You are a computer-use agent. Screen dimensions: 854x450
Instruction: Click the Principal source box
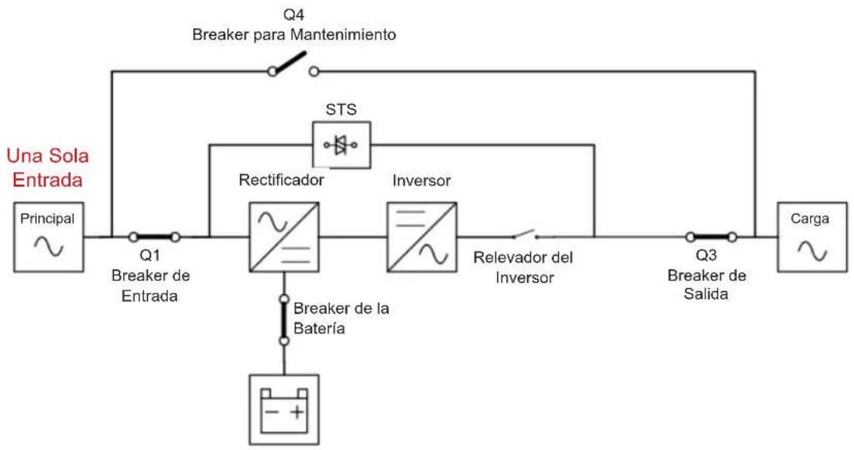point(49,237)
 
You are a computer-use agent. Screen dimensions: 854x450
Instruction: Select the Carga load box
point(812,237)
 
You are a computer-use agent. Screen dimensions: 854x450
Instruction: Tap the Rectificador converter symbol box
point(283,237)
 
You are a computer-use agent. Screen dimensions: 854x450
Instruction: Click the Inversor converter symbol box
point(422,237)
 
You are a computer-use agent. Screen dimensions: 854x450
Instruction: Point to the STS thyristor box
point(341,145)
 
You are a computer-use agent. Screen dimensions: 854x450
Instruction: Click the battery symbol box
point(283,410)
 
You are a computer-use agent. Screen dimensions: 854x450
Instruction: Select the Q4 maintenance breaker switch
point(293,65)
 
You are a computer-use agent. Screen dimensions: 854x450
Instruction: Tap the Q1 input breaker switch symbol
point(154,237)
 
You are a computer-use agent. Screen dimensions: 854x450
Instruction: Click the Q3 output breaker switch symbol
point(712,237)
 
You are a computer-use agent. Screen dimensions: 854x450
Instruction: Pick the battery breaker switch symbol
point(283,320)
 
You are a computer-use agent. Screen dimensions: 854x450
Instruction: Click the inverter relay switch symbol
point(526,235)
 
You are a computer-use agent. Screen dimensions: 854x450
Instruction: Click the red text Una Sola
point(48,156)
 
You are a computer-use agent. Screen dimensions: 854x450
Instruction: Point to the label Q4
point(293,15)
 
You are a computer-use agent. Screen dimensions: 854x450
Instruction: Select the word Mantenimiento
point(343,35)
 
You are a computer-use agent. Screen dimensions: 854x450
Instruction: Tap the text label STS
point(341,109)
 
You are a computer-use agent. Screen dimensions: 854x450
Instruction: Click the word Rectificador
point(282,180)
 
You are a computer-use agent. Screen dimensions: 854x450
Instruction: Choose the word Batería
point(319,328)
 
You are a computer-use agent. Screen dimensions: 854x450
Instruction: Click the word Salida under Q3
point(706,294)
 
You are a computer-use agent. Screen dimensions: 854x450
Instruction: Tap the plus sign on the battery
point(297,412)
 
